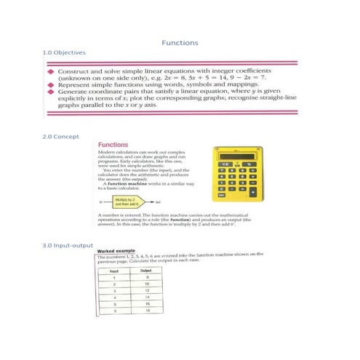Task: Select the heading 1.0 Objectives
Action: (65, 53)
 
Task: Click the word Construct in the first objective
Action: (74, 73)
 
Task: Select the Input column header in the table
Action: (114, 270)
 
